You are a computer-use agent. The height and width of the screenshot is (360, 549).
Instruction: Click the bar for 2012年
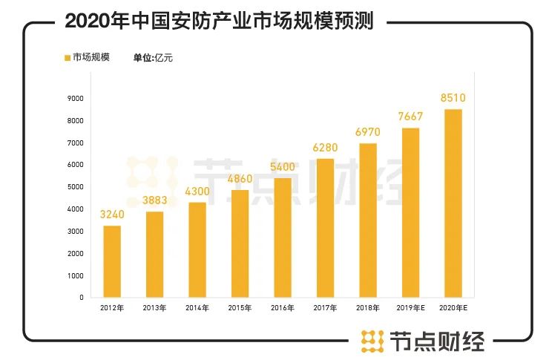tap(112, 261)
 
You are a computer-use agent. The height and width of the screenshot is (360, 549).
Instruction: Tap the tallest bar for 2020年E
tap(453, 203)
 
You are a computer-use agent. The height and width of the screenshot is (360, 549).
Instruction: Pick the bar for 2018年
tap(368, 220)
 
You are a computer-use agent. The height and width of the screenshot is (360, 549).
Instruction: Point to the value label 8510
tap(453, 97)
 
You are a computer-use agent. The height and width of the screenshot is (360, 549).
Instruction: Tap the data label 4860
tap(240, 180)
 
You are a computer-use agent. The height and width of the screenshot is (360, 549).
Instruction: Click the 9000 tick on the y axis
tap(75, 98)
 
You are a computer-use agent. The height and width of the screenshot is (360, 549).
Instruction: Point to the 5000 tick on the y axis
tap(75, 187)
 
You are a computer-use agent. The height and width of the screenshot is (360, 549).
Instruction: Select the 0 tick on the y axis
tap(81, 298)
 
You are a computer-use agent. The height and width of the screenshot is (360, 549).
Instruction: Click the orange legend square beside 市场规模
tap(67, 57)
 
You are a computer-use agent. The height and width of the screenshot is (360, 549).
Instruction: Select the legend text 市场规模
tap(91, 57)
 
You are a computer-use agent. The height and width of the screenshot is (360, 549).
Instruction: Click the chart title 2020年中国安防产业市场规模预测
tap(219, 21)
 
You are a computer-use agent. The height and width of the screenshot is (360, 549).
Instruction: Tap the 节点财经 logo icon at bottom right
tap(369, 341)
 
